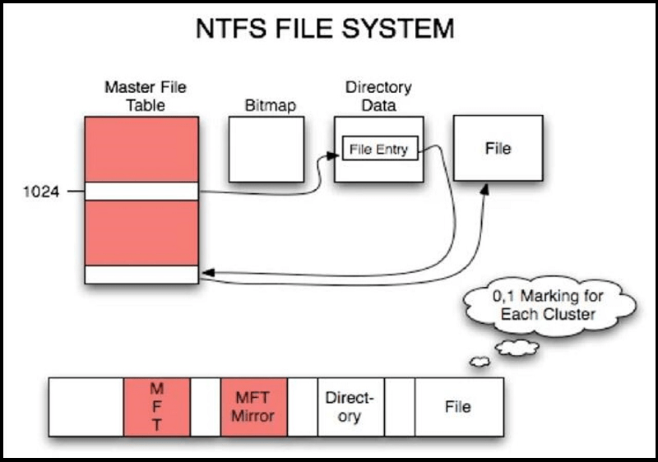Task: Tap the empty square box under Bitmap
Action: (266, 148)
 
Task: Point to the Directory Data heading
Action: (378, 95)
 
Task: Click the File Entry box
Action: (379, 150)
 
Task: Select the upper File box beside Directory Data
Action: (498, 148)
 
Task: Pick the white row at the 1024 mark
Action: (141, 192)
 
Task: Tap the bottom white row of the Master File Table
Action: (141, 275)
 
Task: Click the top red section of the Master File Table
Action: (141, 149)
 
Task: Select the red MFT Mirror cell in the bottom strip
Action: (254, 407)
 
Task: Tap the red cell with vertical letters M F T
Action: (156, 407)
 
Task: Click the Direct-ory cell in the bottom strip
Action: (350, 407)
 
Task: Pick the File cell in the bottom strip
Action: (457, 407)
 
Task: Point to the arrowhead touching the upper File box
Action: (484, 189)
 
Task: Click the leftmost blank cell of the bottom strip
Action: (86, 407)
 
